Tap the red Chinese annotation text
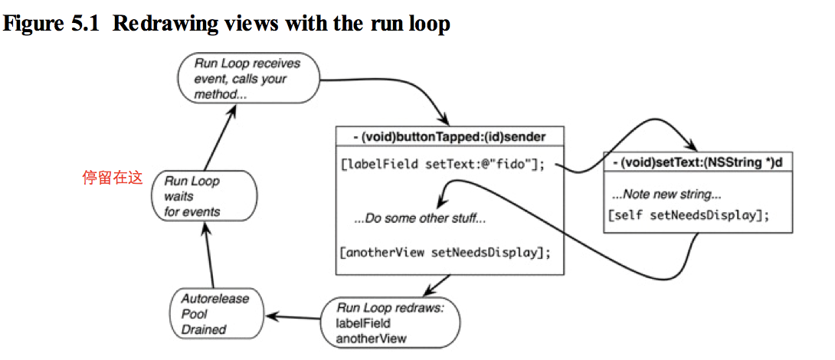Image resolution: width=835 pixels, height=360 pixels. [113, 178]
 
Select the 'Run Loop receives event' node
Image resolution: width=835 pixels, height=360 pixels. [249, 79]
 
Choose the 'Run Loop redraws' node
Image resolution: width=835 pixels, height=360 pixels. [391, 322]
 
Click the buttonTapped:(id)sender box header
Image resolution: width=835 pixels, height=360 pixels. [450, 137]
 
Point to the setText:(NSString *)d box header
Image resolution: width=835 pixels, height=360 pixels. [698, 162]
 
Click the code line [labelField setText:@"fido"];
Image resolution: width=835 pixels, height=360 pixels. [443, 165]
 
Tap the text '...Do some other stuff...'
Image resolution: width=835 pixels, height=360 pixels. [420, 219]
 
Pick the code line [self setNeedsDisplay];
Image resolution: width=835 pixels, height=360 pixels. [689, 216]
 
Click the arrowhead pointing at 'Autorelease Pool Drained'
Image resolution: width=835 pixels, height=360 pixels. [272, 316]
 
